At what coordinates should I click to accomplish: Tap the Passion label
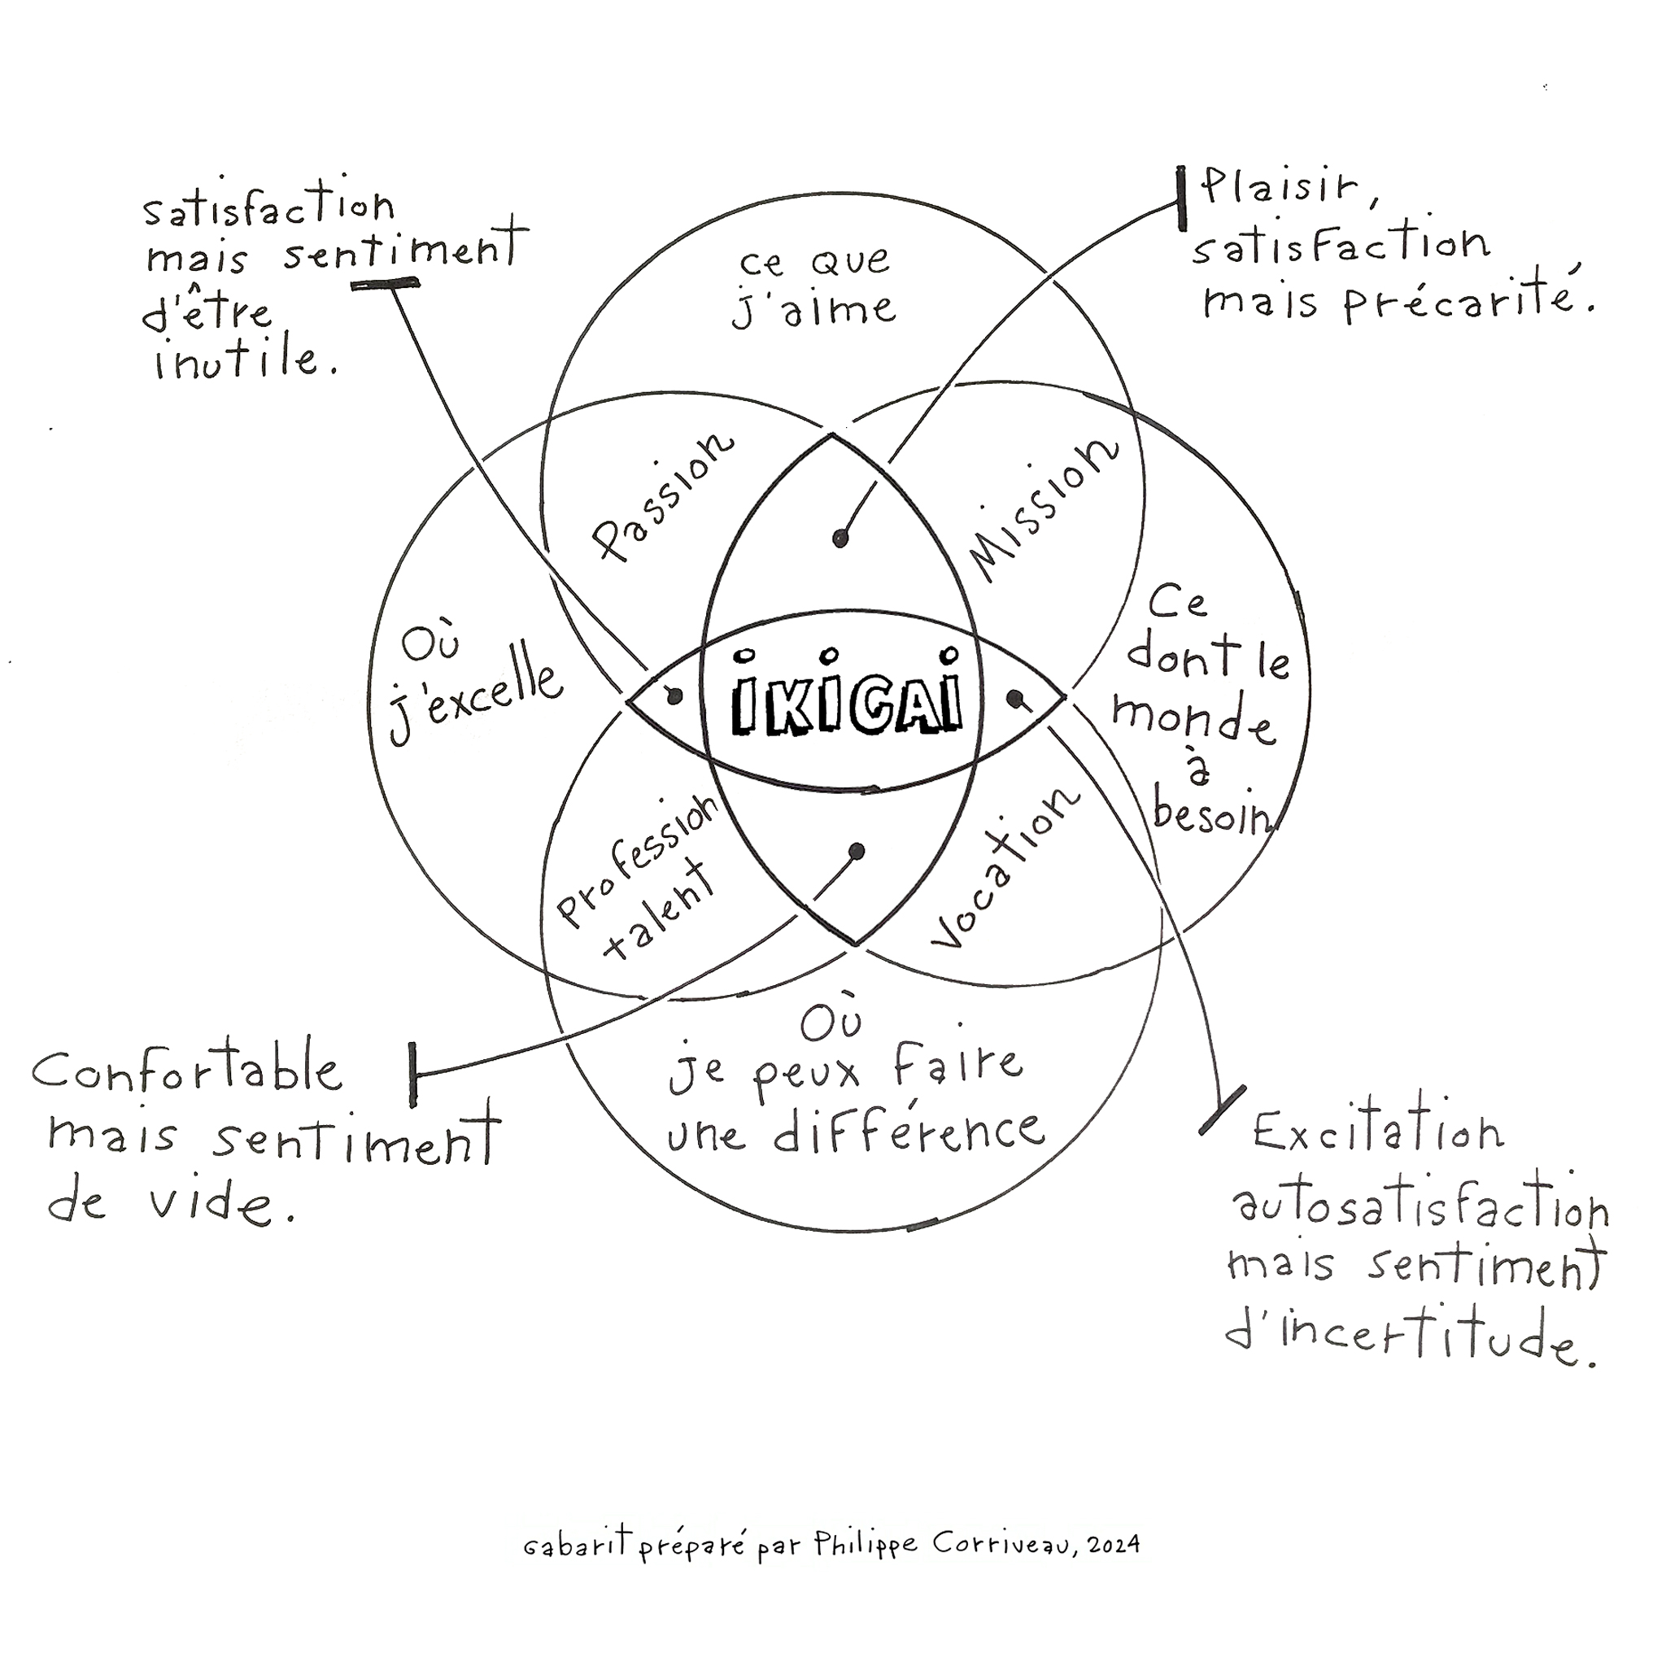pyautogui.click(x=662, y=497)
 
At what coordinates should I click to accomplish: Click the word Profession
pyautogui.click(x=638, y=859)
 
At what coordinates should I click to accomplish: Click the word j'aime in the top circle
pyautogui.click(x=814, y=310)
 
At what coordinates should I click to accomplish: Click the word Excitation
pyautogui.click(x=1378, y=1132)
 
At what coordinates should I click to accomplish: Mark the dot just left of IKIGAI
pyautogui.click(x=676, y=695)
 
